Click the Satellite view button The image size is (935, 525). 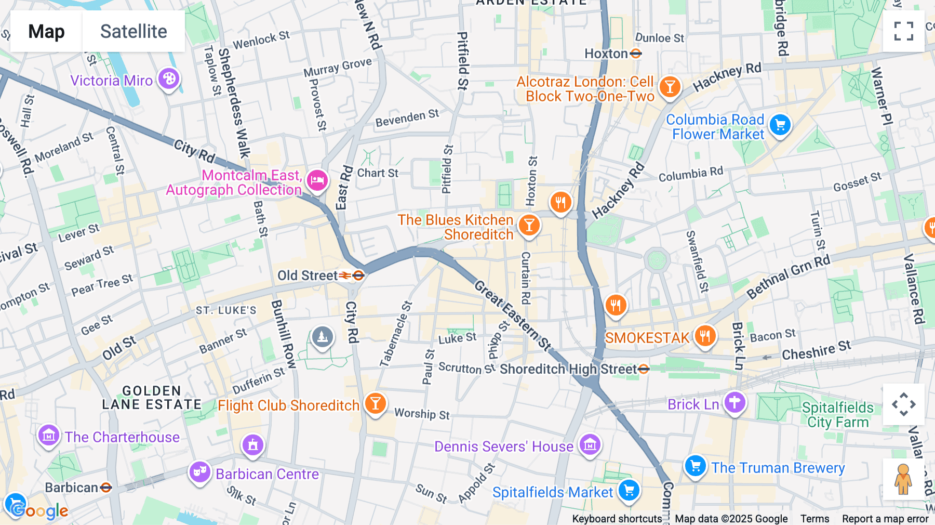click(x=133, y=31)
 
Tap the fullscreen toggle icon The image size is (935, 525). click(x=903, y=31)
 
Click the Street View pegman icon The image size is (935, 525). click(x=903, y=479)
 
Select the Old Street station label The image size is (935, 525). click(x=308, y=275)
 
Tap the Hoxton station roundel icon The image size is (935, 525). click(x=636, y=54)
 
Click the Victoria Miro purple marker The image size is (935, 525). click(x=169, y=80)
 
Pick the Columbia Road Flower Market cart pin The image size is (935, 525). click(x=780, y=125)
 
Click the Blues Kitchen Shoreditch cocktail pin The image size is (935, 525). click(x=529, y=226)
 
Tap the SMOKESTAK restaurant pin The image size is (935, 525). click(x=705, y=336)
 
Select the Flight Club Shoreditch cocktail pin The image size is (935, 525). click(x=375, y=404)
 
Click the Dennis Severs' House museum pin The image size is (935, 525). click(x=590, y=445)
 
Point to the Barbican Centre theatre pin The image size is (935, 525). click(x=199, y=472)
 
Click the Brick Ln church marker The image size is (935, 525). click(x=735, y=402)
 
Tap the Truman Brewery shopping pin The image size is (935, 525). click(x=695, y=466)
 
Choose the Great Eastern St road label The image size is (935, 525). click(x=513, y=316)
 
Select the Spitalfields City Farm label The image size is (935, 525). click(x=837, y=415)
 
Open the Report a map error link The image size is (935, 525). click(x=885, y=519)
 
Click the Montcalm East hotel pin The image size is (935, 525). click(x=317, y=181)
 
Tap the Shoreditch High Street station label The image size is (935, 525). click(x=568, y=369)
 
